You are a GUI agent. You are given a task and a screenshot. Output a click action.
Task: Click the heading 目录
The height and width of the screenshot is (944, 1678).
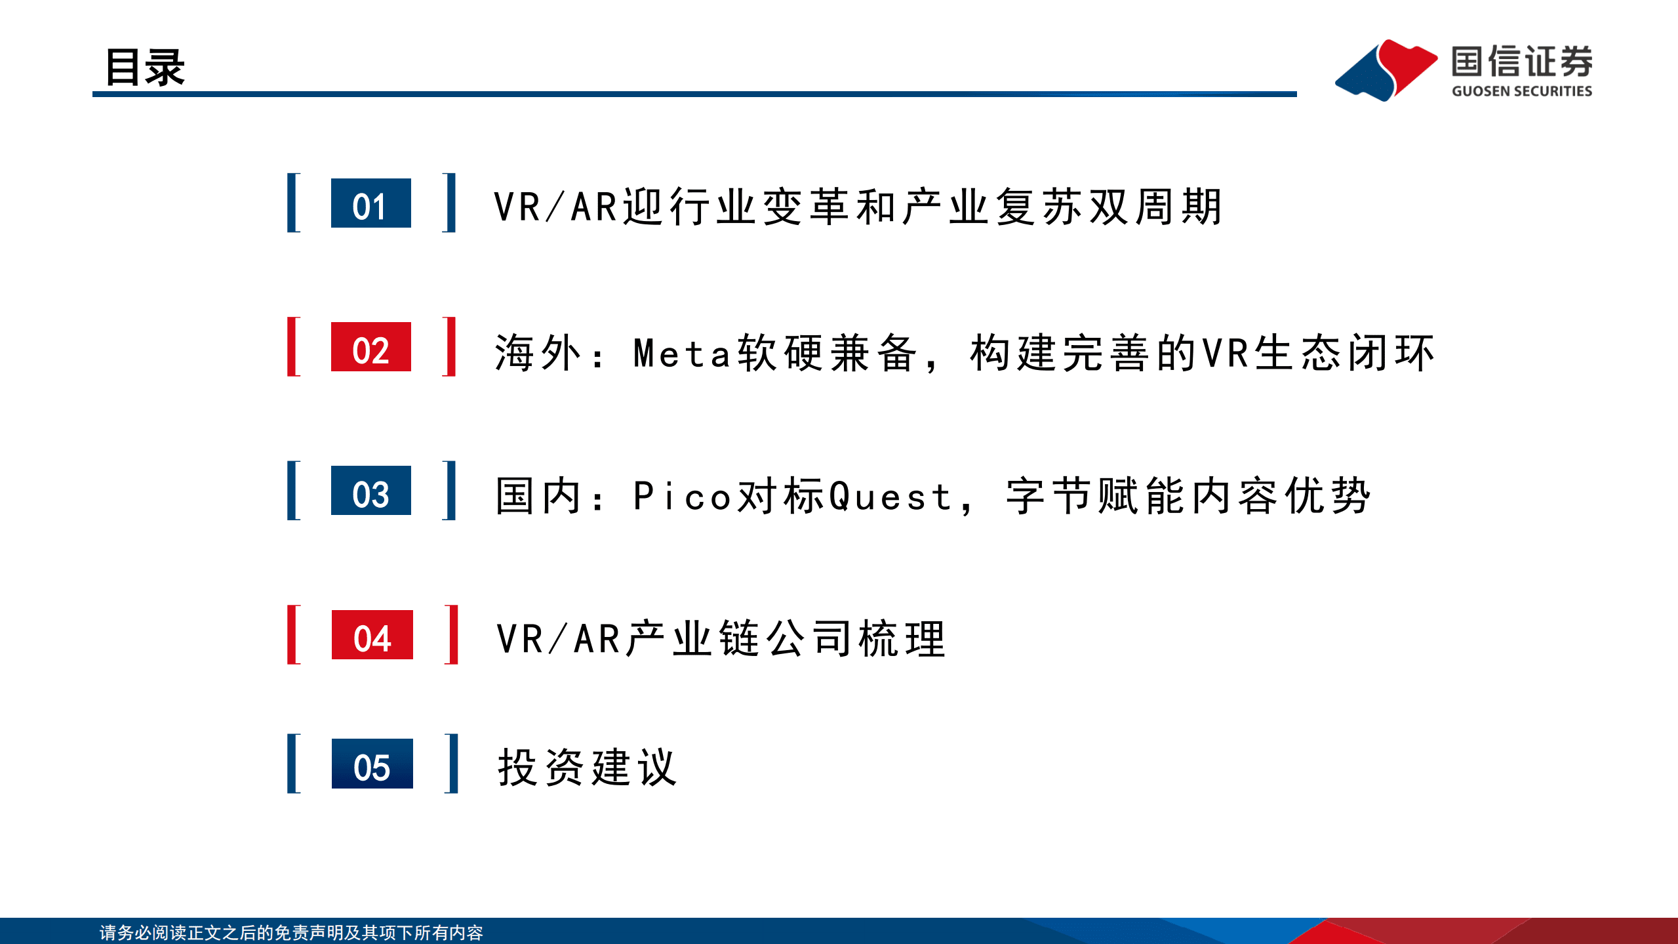(x=145, y=67)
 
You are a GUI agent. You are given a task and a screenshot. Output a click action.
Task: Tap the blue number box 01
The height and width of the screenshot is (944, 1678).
(x=370, y=203)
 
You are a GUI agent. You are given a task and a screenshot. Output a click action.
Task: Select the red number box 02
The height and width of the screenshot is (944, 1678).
(x=370, y=347)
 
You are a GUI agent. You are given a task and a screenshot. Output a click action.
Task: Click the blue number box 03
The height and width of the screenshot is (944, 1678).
(x=370, y=491)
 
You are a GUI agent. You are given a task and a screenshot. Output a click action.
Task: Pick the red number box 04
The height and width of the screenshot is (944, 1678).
(x=372, y=634)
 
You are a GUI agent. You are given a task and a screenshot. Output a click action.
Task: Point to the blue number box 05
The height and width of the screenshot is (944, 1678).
(x=372, y=764)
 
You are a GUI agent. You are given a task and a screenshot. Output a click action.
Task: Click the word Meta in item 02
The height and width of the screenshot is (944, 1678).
(x=682, y=354)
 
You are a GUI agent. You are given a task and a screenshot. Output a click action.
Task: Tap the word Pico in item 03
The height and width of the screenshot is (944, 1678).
(x=682, y=497)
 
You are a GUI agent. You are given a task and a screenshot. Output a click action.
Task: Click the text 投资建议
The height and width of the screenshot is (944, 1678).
(x=587, y=767)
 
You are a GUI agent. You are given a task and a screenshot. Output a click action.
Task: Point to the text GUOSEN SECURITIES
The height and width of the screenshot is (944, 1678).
(x=1521, y=91)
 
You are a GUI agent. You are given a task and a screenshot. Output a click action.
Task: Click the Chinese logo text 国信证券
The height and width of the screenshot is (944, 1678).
(x=1521, y=62)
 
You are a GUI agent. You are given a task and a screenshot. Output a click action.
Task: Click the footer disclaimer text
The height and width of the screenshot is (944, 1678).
(x=291, y=932)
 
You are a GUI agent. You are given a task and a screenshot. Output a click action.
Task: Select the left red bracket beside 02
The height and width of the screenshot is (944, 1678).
(x=294, y=346)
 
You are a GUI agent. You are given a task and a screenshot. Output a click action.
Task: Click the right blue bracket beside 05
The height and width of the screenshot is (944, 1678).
(x=451, y=764)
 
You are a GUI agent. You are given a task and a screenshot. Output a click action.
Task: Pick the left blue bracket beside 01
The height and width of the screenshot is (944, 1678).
(x=294, y=203)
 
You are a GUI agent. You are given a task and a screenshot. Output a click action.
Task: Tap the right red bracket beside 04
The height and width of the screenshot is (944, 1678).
(x=451, y=634)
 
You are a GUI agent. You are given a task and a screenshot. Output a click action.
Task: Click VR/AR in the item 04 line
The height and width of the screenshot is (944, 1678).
(x=558, y=639)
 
